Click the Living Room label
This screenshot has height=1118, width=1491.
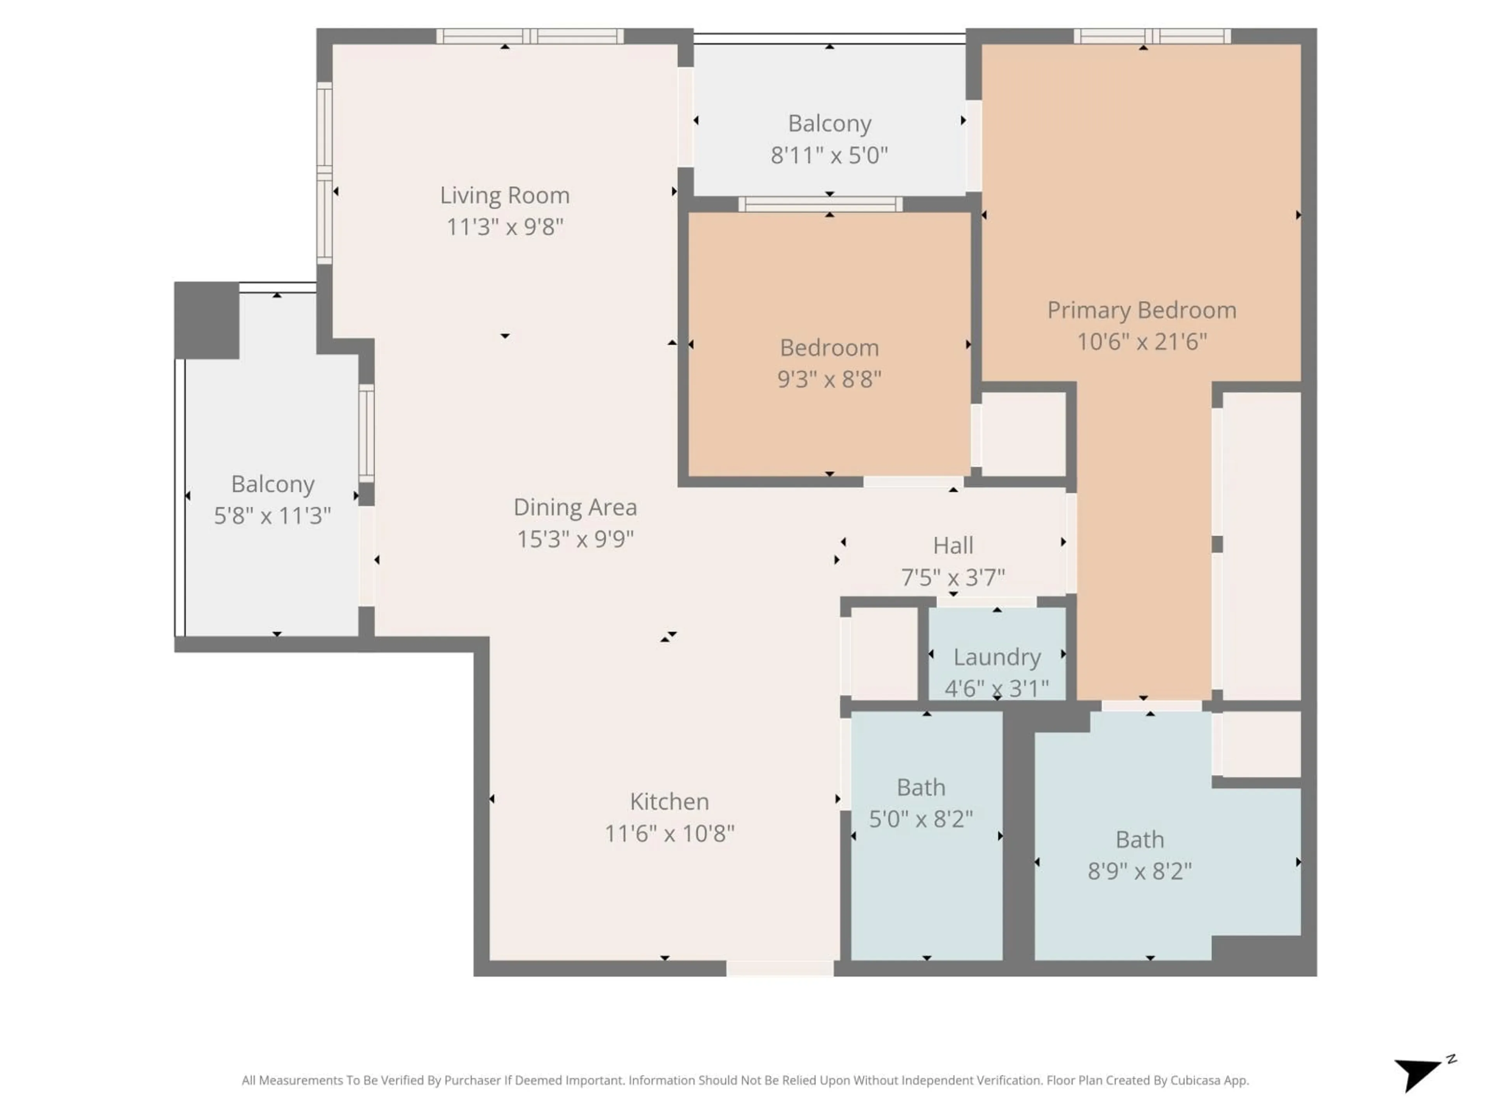coord(505,195)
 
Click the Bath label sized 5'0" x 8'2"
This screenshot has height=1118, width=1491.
coord(921,787)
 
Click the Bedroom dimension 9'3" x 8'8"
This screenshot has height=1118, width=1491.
coord(829,379)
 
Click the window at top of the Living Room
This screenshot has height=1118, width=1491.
coord(530,36)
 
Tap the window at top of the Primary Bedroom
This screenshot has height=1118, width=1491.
coord(1152,36)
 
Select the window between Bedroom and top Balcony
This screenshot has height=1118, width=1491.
coord(820,204)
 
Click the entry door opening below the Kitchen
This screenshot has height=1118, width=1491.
coord(780,969)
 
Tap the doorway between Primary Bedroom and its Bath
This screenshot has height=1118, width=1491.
coord(1151,706)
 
